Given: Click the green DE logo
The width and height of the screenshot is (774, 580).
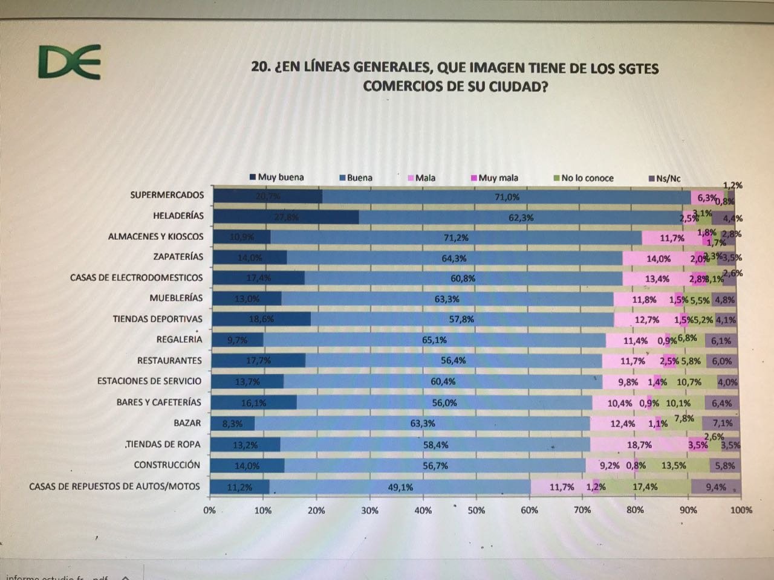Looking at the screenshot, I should point(68,63).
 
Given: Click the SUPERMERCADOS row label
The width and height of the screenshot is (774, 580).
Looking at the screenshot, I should point(167,195).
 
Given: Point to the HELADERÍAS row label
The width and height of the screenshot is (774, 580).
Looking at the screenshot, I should point(178,216).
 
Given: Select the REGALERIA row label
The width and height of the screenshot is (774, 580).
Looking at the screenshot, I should point(179,340).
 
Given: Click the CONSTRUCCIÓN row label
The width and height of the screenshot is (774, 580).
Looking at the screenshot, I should point(167,465).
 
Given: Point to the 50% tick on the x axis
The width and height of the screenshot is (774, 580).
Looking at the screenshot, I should point(476,511).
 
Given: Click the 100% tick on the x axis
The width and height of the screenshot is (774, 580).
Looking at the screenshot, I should point(741,510).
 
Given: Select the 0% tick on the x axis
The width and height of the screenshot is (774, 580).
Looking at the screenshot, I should point(209,511).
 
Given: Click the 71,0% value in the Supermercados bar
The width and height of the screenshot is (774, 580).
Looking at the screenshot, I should point(507,197).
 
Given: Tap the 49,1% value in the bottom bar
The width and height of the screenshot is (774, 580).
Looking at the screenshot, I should point(400,487).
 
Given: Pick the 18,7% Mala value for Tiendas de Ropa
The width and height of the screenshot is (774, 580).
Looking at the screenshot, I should point(639,445).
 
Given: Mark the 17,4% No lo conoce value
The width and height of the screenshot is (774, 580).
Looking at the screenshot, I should point(645,487).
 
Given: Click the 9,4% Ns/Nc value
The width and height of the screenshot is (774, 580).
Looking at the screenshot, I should point(715,487).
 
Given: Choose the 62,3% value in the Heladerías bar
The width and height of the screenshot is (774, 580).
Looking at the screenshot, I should point(521,217).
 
